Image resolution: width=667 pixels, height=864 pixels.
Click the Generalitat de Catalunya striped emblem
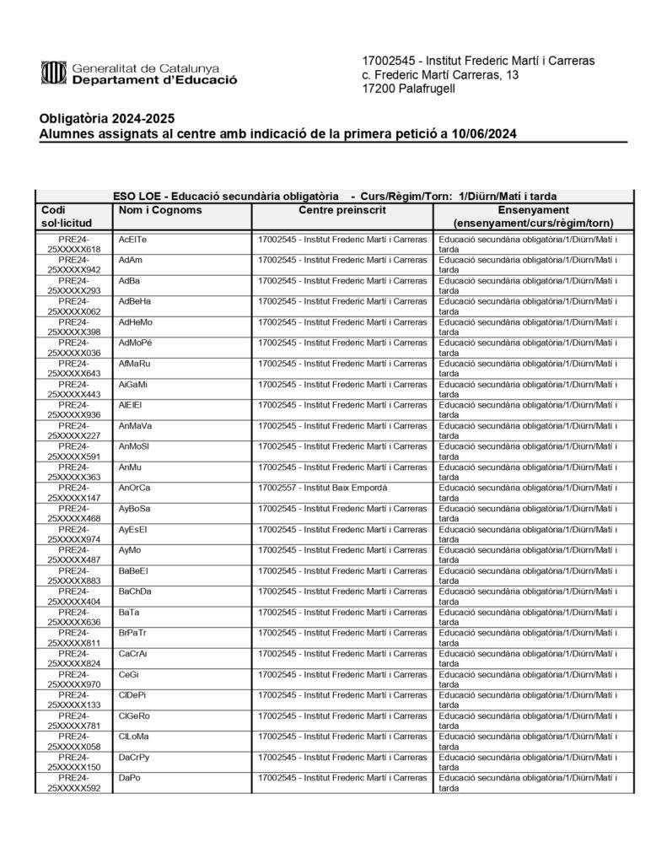pyautogui.click(x=54, y=73)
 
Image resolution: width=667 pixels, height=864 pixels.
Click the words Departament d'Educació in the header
pyautogui.click(x=154, y=81)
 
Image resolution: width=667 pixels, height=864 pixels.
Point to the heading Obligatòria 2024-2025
pyautogui.click(x=107, y=118)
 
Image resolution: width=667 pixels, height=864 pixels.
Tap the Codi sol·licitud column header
pyautogui.click(x=73, y=216)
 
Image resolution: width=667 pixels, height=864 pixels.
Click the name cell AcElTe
pyautogui.click(x=133, y=240)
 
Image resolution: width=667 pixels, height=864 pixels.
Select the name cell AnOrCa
pyautogui.click(x=135, y=488)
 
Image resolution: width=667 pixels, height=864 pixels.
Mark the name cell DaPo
pyautogui.click(x=130, y=777)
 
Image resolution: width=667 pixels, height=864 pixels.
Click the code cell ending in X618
pyautogui.click(x=73, y=245)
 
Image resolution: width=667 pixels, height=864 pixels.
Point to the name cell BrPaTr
pyautogui.click(x=133, y=632)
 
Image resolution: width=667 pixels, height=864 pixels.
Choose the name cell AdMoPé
pyautogui.click(x=136, y=343)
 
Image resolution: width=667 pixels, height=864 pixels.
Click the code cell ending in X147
pyautogui.click(x=73, y=493)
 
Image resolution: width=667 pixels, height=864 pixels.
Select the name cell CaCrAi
pyautogui.click(x=133, y=653)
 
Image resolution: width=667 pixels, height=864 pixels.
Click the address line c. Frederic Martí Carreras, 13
pyautogui.click(x=439, y=75)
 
